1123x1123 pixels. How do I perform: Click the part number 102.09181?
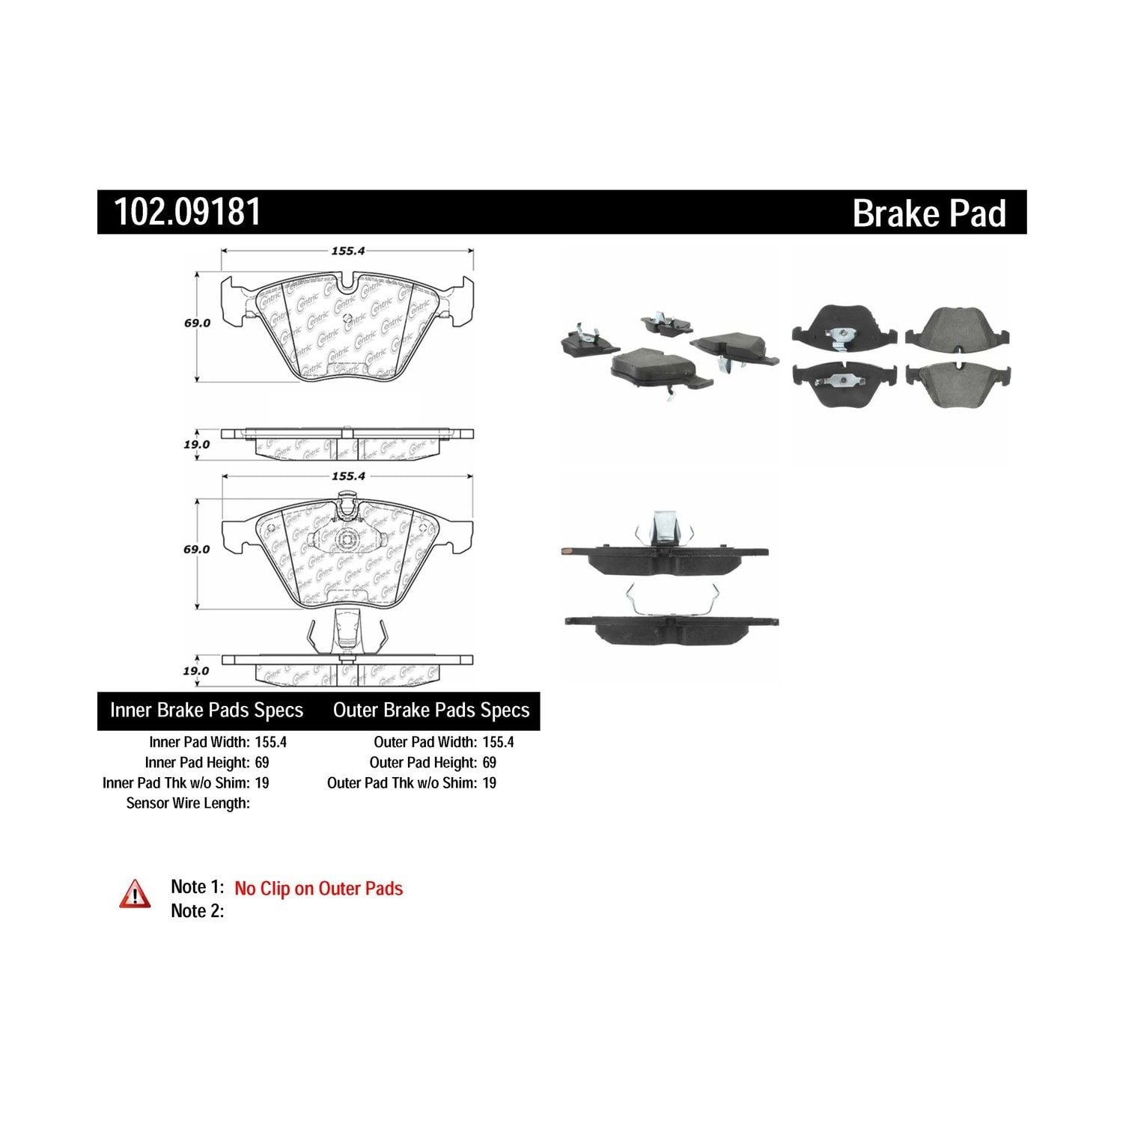187,212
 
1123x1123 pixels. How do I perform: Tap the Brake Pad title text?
929,213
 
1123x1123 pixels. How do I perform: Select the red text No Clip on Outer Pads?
318,889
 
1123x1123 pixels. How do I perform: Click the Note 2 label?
197,911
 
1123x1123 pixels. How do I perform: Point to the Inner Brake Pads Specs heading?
207,710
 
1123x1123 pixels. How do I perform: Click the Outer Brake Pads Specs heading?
431,710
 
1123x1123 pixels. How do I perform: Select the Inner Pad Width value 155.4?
270,742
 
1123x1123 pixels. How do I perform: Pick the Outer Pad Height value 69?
489,762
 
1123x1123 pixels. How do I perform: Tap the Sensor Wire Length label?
188,803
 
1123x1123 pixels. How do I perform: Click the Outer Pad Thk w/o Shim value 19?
489,782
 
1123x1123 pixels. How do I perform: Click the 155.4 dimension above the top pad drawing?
347,252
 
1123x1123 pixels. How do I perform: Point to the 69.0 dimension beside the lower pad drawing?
197,549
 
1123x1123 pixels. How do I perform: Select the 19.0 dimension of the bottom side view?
196,671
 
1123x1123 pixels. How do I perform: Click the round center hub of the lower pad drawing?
347,539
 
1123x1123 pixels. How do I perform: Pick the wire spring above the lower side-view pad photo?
672,599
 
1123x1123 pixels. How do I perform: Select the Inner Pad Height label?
196,762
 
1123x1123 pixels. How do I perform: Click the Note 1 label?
198,887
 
